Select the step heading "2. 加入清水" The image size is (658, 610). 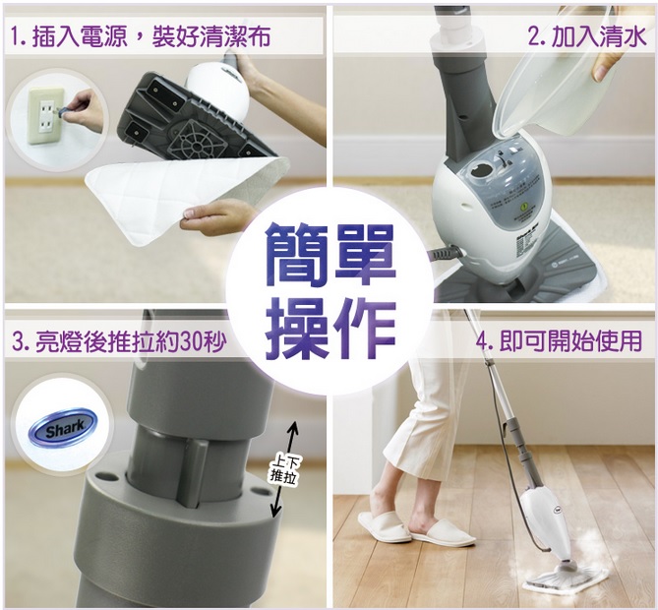tap(586, 37)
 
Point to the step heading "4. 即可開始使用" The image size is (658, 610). tap(559, 341)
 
